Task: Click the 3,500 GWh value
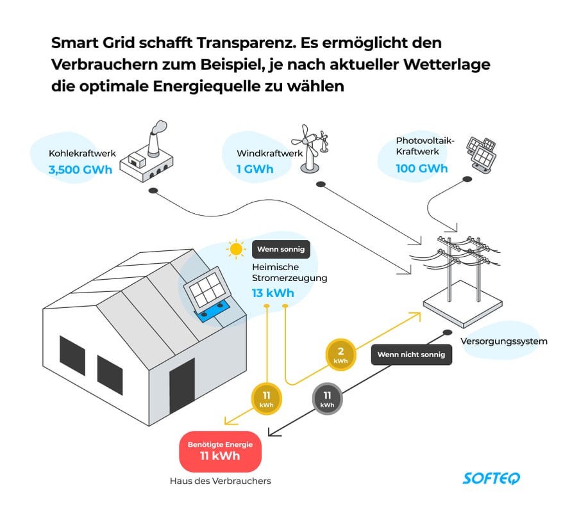[x=80, y=170]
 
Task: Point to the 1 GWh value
[x=255, y=169]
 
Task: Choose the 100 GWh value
[x=422, y=168]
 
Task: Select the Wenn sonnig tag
[x=281, y=249]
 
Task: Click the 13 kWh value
[x=273, y=293]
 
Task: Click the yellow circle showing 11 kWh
[x=266, y=399]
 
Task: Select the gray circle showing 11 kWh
[x=326, y=399]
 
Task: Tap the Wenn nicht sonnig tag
[x=411, y=354]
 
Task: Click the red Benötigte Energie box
[x=220, y=451]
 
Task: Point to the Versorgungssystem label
[x=504, y=341]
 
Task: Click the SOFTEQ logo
[x=492, y=478]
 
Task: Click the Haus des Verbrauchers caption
[x=220, y=481]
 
